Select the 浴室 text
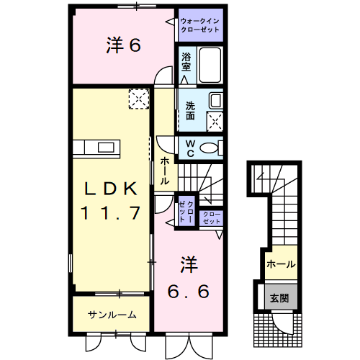coord(186,62)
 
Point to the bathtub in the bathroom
coord(210,66)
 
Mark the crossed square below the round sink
coord(215,120)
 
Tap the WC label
coord(190,148)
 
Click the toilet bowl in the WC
coord(211,148)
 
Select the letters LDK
coord(111,189)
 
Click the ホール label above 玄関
coord(280,264)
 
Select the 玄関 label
coord(279,296)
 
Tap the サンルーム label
coord(112,315)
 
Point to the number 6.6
coord(189,292)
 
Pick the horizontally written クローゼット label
coord(212,217)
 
